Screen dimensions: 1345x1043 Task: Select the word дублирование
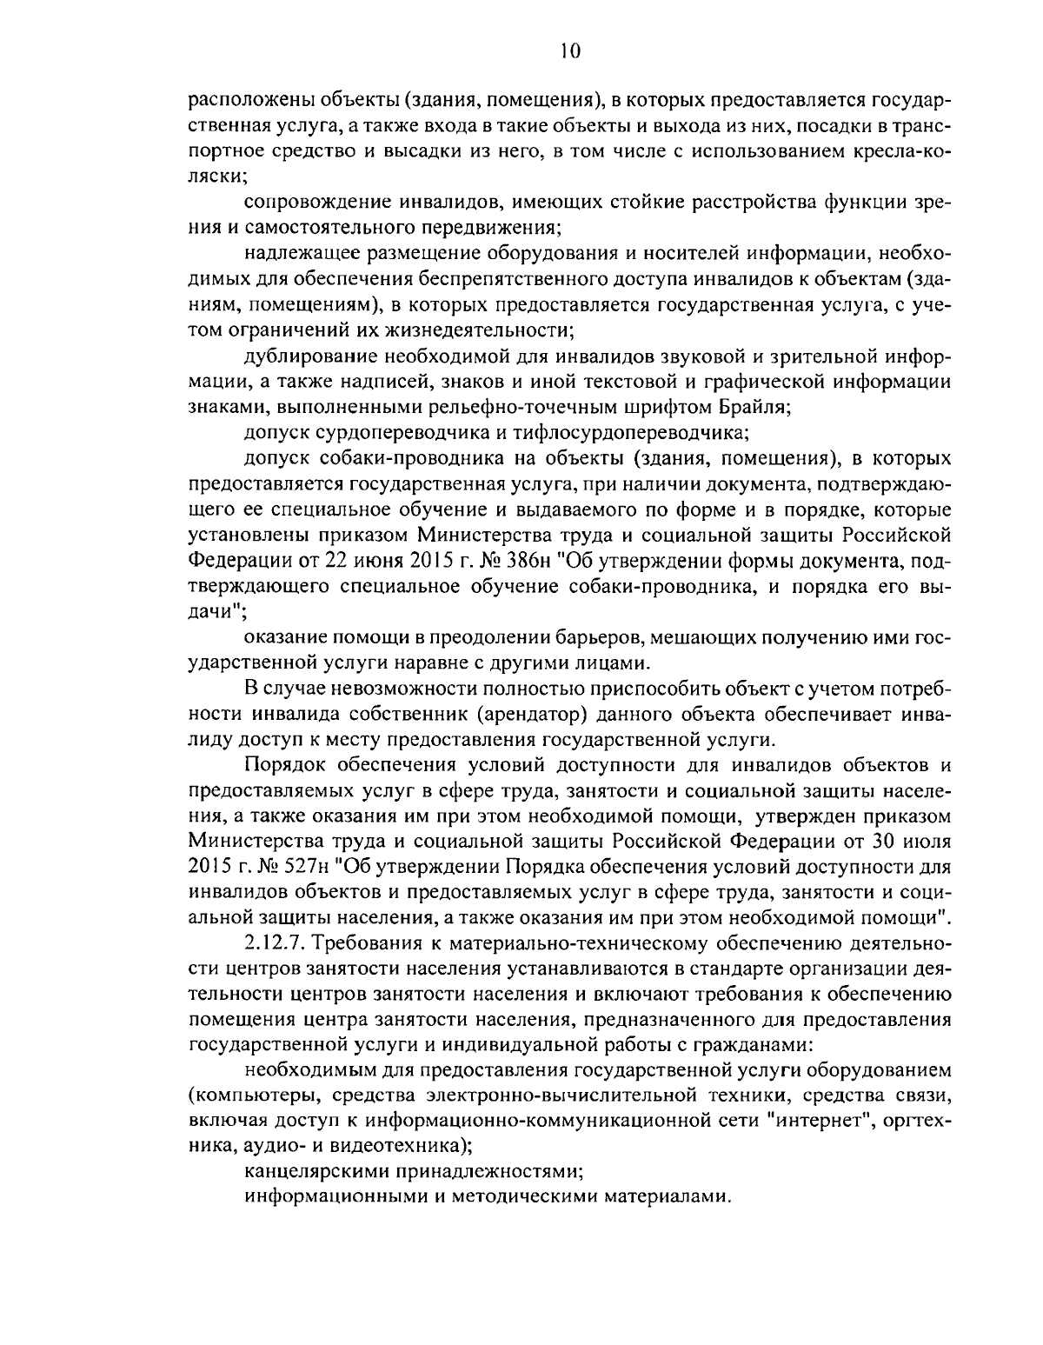[311, 356]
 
